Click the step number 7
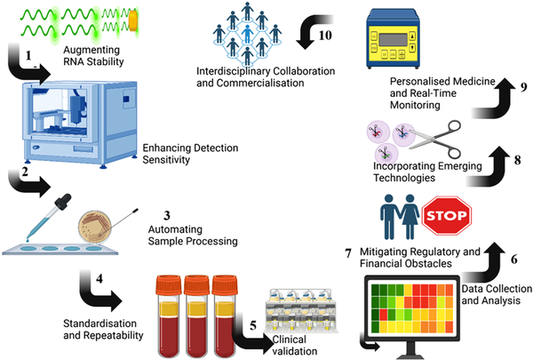tap(347, 254)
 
